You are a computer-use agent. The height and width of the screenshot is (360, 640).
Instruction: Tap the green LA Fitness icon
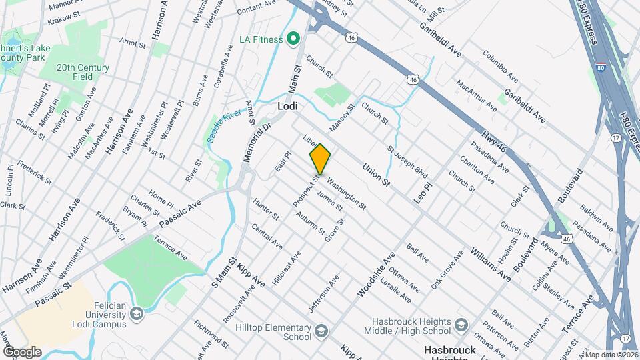point(293,39)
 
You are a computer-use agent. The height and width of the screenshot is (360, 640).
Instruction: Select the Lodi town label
point(287,106)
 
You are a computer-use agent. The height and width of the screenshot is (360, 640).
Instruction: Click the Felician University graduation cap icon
point(137,313)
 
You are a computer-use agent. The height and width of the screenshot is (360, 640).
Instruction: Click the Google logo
point(22,351)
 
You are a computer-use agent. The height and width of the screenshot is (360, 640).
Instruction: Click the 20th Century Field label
point(83,72)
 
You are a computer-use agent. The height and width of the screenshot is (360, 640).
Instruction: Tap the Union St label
point(375,174)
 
